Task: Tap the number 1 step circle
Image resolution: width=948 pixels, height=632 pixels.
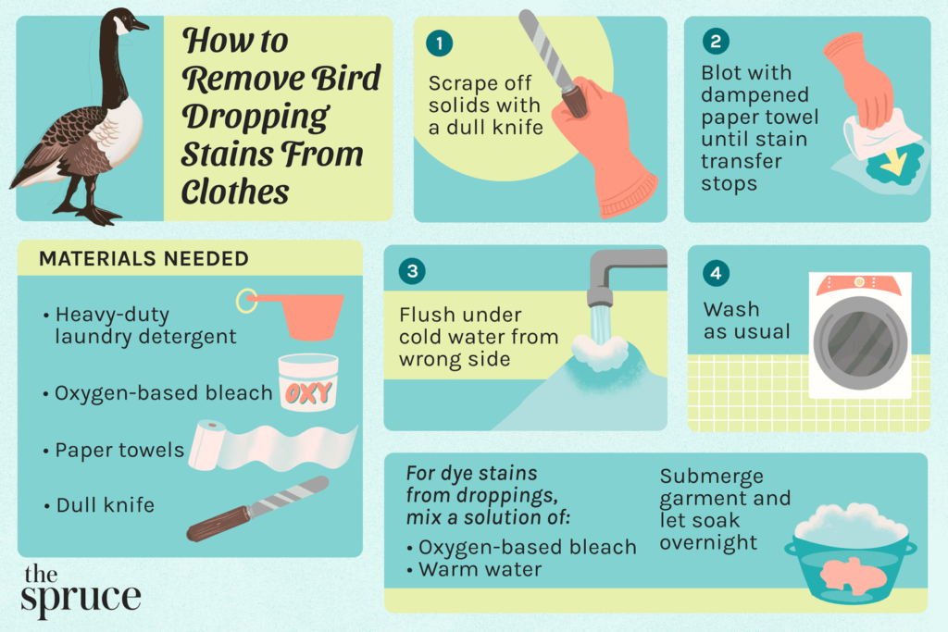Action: [440, 43]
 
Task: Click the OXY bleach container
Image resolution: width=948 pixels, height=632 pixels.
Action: [307, 383]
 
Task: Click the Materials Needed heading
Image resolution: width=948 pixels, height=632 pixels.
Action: [143, 259]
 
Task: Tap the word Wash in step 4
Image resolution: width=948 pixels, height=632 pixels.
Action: [730, 309]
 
